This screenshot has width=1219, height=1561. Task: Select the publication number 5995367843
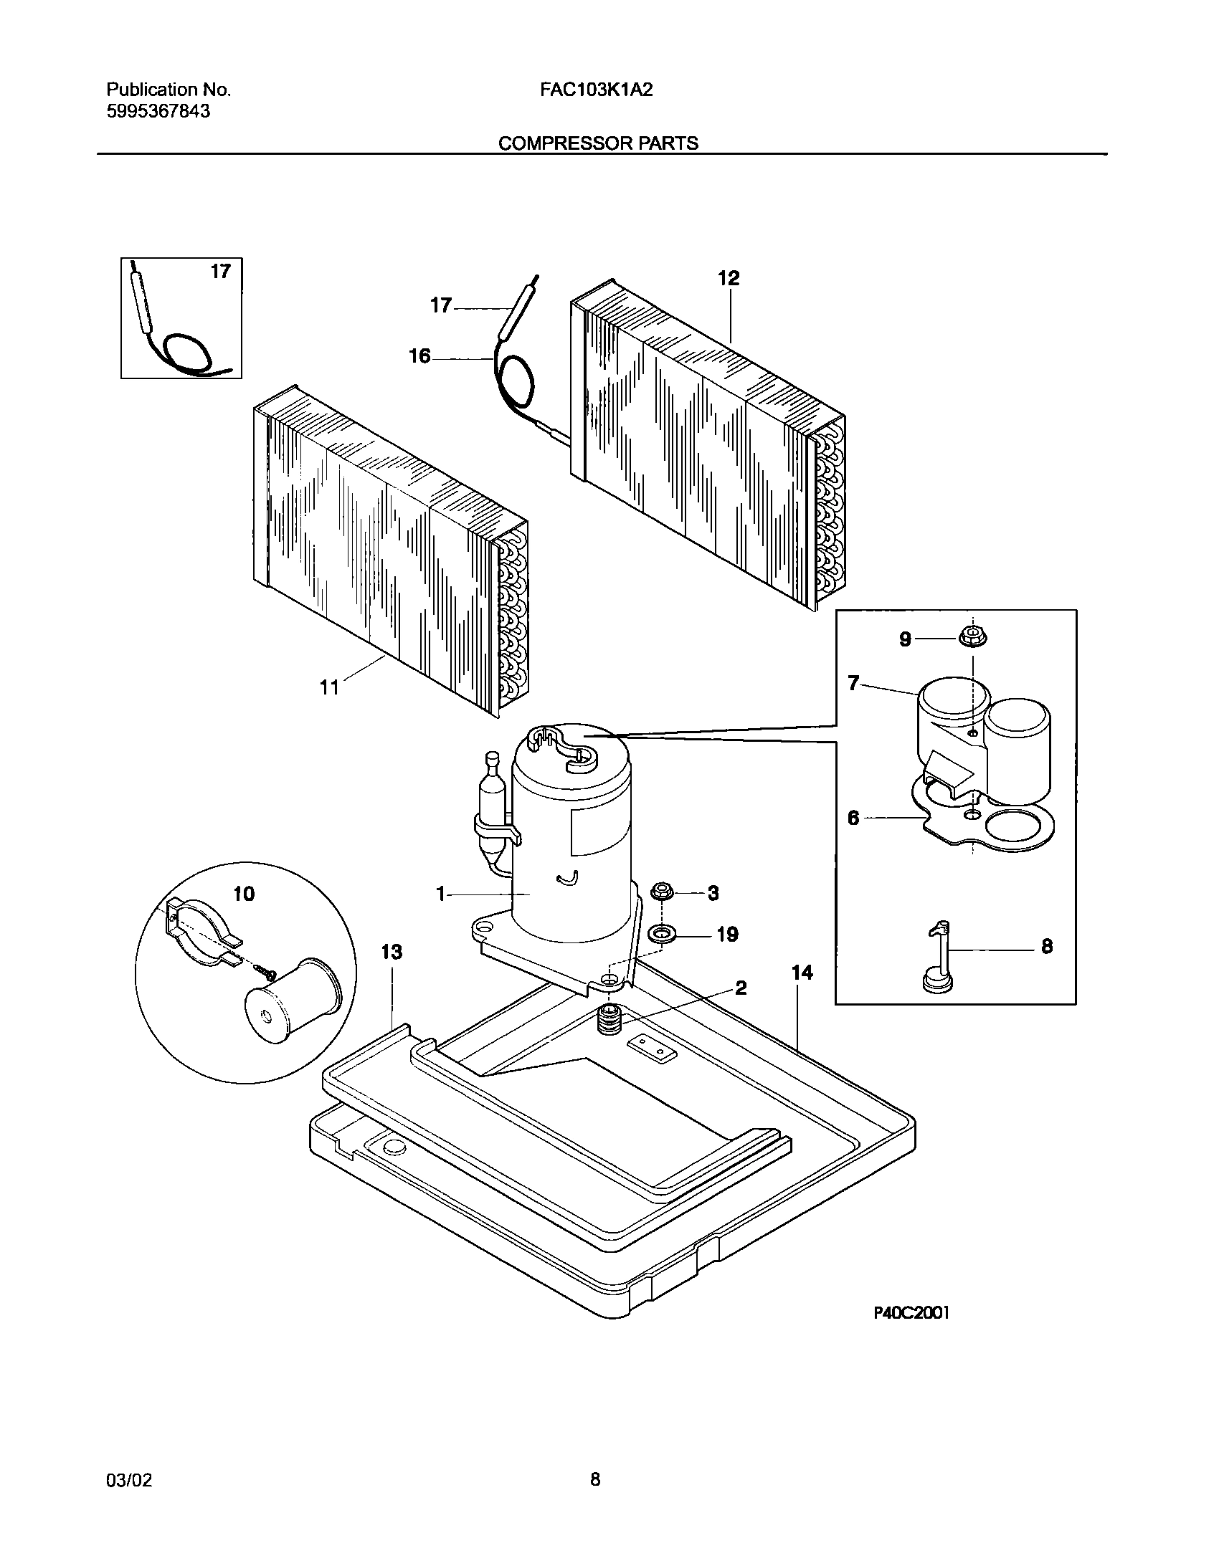[x=158, y=112]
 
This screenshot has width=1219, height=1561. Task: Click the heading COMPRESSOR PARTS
[x=598, y=143]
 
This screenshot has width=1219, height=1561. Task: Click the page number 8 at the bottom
[x=595, y=1478]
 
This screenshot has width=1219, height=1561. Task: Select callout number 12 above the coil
[x=729, y=278]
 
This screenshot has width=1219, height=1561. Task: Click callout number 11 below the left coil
[x=328, y=688]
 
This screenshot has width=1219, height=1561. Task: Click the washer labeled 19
[x=660, y=935]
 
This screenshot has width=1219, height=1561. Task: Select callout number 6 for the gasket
[x=853, y=817]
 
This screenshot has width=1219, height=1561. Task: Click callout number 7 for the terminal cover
[x=853, y=683]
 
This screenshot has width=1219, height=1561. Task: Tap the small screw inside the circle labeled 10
[x=267, y=973]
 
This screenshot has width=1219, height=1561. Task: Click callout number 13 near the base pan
[x=392, y=952]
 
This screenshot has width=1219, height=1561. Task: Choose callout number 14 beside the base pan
[x=802, y=973]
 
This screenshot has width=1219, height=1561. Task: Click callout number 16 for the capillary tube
[x=419, y=356]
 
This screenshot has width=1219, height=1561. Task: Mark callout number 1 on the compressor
[x=442, y=894]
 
